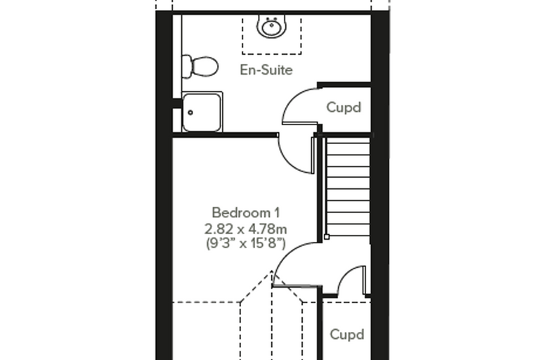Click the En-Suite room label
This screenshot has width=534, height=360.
click(x=266, y=70)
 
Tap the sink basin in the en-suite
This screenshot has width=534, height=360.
click(x=271, y=27)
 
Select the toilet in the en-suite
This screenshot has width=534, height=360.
click(x=200, y=66)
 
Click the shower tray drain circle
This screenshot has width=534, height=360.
click(x=190, y=112)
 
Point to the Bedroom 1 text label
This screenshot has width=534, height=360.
click(x=246, y=213)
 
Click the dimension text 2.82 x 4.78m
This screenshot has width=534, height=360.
click(x=245, y=229)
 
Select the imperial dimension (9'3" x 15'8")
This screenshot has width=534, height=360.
click(x=245, y=243)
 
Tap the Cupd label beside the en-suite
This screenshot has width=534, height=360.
click(x=344, y=108)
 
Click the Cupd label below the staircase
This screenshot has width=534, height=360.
click(x=347, y=335)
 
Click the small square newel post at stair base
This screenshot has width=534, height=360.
click(x=327, y=236)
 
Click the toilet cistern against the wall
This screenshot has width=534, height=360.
click(x=187, y=66)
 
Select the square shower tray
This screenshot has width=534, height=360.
click(x=202, y=112)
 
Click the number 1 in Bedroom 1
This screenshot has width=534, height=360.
click(x=277, y=213)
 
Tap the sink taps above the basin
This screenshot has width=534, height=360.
click(x=271, y=18)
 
